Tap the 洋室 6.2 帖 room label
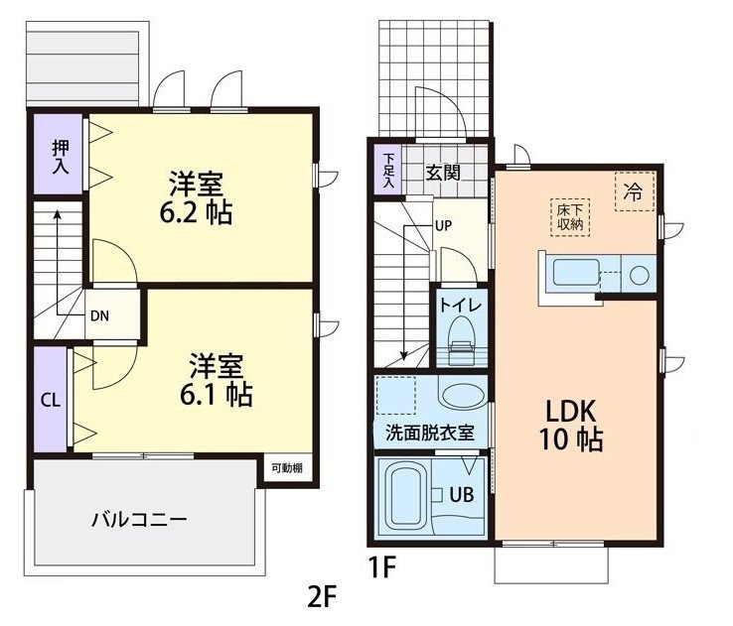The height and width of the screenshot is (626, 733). pyautogui.click(x=199, y=197)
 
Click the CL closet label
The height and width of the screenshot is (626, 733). pyautogui.click(x=49, y=401)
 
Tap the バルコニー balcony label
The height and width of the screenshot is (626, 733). pyautogui.click(x=140, y=518)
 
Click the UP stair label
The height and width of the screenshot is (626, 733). pyautogui.click(x=443, y=225)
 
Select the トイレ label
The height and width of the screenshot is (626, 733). pyautogui.click(x=463, y=305)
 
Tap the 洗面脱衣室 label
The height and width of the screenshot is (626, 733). pyautogui.click(x=429, y=433)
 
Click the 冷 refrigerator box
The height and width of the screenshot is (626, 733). pyautogui.click(x=632, y=193)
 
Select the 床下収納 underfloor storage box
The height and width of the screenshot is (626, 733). pyautogui.click(x=569, y=217)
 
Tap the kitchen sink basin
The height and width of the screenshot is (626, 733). pyautogui.click(x=576, y=275)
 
